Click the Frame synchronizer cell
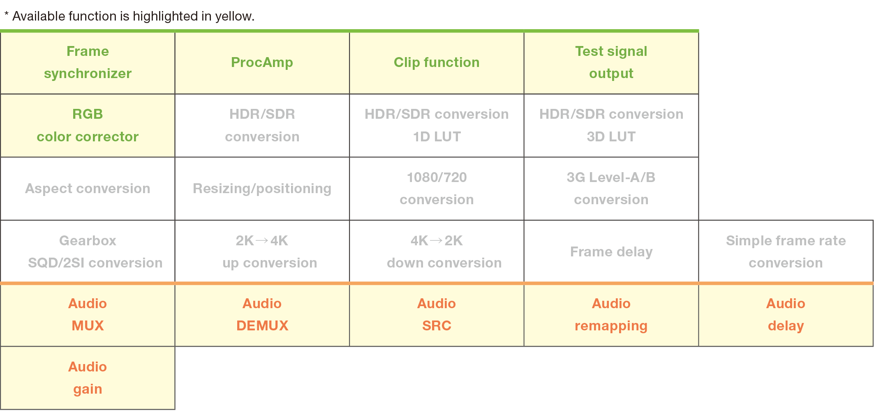pos(88,62)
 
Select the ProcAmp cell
pos(262,62)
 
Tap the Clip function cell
pos(437,62)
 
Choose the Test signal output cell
pos(611,62)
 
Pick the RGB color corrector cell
pos(88,125)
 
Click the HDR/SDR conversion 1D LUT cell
pos(437,125)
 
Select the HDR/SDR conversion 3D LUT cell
pos(611,125)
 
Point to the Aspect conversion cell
pos(88,189)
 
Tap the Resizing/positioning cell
pos(262,189)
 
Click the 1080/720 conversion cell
pos(437,189)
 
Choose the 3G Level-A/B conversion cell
pos(611,189)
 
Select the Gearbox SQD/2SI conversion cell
pos(88,251)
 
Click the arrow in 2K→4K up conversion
pos(262,240)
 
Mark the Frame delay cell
pos(611,251)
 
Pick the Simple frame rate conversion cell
pos(786,251)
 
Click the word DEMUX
pos(262,326)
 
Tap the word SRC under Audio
pos(437,326)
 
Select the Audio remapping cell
pos(611,315)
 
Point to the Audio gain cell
pos(88,378)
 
